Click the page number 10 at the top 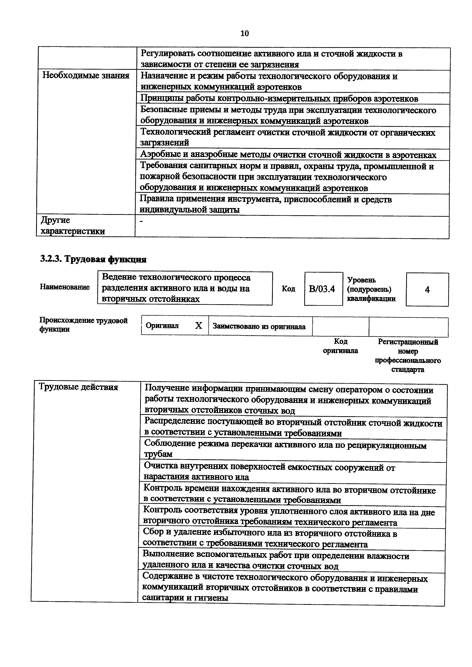[x=245, y=34]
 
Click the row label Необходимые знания [x=86, y=76]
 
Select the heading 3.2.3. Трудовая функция [x=93, y=259]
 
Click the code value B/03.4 [x=322, y=289]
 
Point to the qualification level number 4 [x=427, y=290]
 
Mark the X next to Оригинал [x=198, y=326]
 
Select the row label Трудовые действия [x=78, y=387]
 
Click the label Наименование [x=65, y=287]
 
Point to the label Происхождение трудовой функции [x=83, y=325]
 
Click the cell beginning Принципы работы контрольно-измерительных [x=279, y=99]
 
